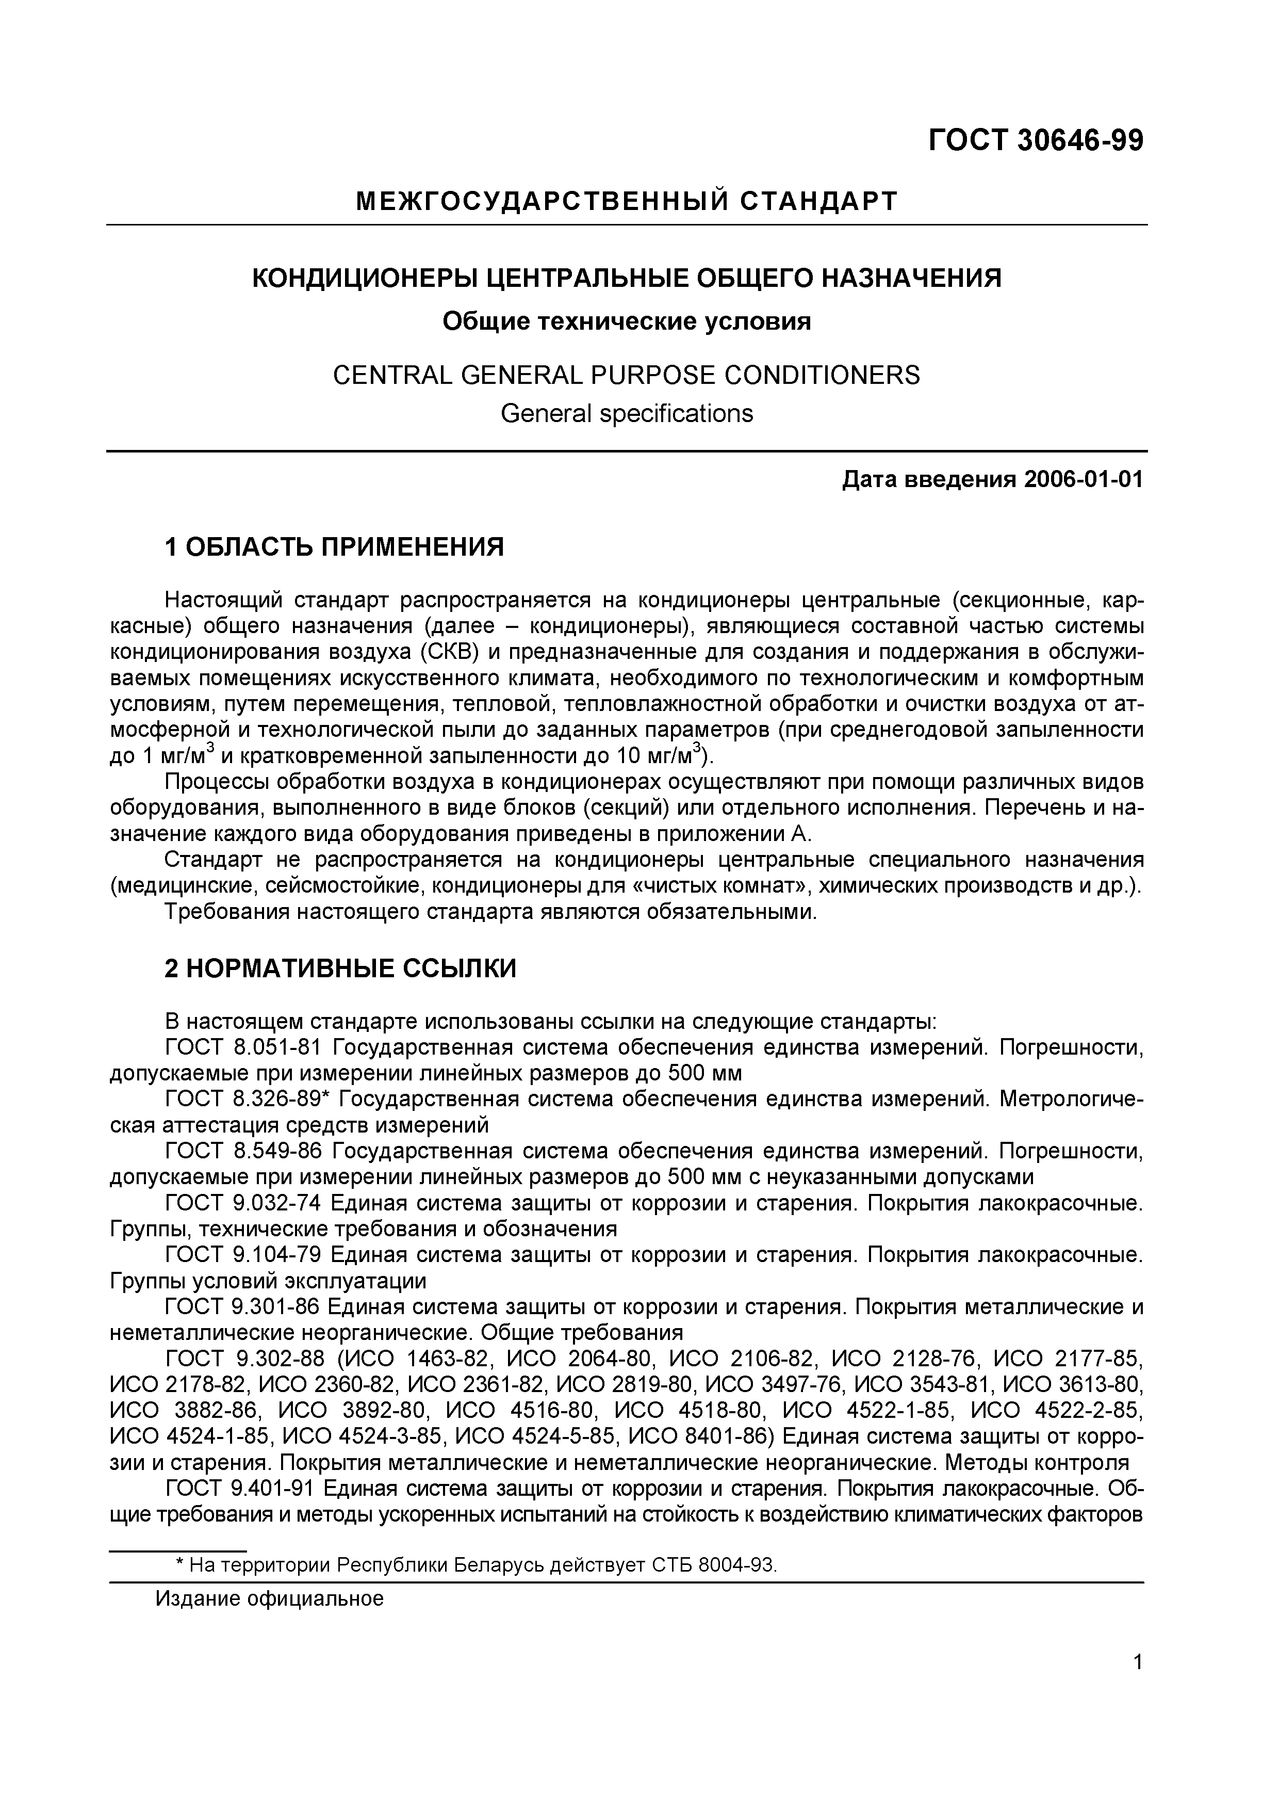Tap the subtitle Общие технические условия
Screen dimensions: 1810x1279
click(x=627, y=321)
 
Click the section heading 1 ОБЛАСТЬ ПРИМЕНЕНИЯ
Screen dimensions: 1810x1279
click(x=333, y=546)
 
